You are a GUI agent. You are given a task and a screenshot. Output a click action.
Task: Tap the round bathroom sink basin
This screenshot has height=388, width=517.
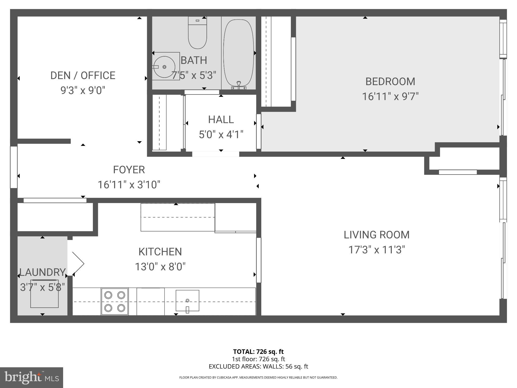point(164,67)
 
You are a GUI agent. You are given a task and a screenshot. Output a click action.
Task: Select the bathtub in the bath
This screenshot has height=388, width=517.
point(239,53)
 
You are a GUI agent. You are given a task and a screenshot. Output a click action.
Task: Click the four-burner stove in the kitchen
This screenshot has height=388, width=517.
point(115,302)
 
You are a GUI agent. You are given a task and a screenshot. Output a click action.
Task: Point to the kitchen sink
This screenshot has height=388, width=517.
point(187,301)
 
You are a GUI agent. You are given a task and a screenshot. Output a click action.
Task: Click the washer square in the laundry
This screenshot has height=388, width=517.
point(44,294)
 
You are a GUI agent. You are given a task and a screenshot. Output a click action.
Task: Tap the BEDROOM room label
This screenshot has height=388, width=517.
point(390,82)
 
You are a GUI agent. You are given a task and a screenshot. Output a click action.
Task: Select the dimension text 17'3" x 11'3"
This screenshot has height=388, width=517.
point(376,250)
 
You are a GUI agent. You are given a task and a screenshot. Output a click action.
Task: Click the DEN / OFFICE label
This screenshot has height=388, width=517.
point(83,76)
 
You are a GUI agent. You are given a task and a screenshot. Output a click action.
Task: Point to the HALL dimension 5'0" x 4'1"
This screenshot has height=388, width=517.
point(221,135)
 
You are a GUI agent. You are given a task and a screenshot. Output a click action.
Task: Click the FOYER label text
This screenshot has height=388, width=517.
point(129,170)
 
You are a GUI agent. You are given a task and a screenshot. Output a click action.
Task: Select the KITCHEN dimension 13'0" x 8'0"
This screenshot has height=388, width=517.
point(160,267)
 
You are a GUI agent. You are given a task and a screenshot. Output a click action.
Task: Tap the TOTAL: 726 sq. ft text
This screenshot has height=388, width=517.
point(258,352)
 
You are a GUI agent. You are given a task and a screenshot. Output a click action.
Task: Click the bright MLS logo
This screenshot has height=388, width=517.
point(32,378)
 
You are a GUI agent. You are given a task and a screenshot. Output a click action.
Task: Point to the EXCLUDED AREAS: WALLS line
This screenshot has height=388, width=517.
point(258,367)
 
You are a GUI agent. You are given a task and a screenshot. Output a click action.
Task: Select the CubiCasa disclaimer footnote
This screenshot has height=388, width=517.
point(258,378)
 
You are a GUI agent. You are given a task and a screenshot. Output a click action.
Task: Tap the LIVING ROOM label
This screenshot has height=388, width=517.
point(376,235)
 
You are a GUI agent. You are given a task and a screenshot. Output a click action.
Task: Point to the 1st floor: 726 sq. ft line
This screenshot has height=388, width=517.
point(258,359)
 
